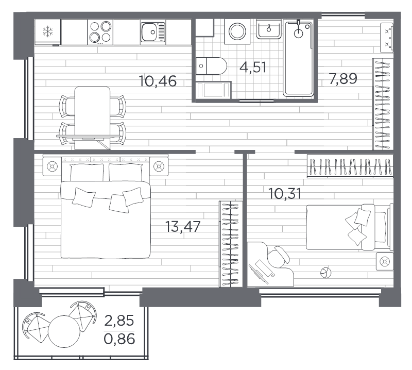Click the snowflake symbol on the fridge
(47, 32)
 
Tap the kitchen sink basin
(151, 32)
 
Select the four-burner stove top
(100, 32)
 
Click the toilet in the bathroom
(213, 66)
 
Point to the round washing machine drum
(237, 31)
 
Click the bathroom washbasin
(269, 30)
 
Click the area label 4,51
(253, 68)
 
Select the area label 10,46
(158, 80)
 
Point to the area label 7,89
(343, 79)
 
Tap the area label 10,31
(285, 194)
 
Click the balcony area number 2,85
(119, 321)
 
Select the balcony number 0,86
(119, 339)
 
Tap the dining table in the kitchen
(93, 115)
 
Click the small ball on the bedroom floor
(325, 273)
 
